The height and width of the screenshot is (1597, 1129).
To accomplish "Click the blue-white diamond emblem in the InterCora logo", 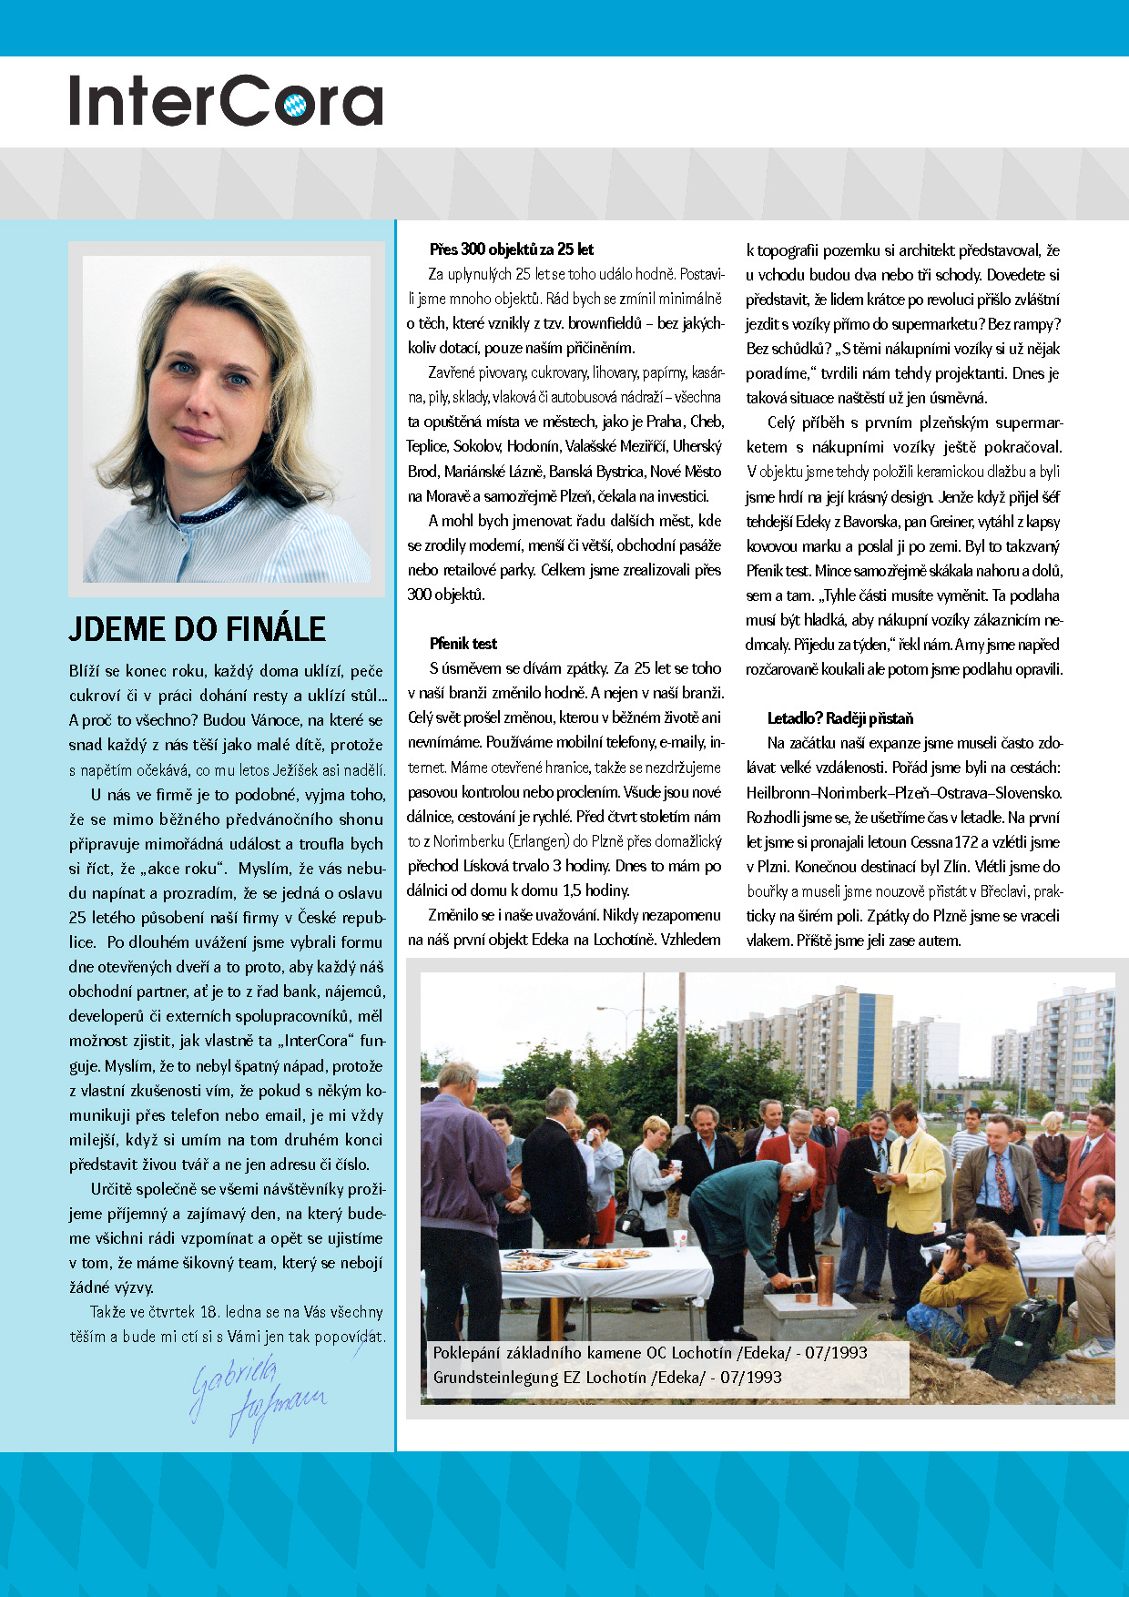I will [295, 105].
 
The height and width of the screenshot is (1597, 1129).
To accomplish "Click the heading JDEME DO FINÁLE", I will [197, 629].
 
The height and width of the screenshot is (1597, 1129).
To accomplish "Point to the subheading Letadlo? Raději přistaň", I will [839, 718].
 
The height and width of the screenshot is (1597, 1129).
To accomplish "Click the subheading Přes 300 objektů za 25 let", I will [511, 249].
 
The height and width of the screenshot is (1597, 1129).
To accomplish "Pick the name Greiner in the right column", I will [951, 522].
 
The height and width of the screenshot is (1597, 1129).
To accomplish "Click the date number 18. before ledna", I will [209, 1312].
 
